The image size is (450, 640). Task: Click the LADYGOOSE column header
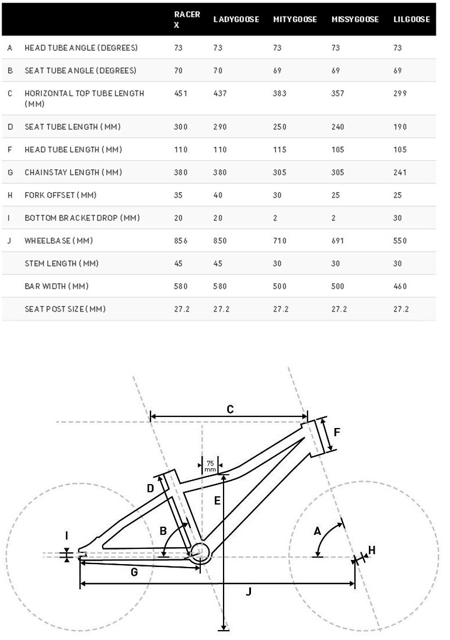pyautogui.click(x=236, y=19)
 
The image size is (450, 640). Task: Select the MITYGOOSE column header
pyautogui.click(x=295, y=19)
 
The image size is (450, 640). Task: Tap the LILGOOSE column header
pyautogui.click(x=411, y=19)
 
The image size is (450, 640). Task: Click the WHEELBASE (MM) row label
pyautogui.click(x=58, y=241)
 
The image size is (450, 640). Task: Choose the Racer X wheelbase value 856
pyautogui.click(x=181, y=241)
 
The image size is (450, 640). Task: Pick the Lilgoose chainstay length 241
pyautogui.click(x=400, y=172)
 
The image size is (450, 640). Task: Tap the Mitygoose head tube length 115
pyautogui.click(x=280, y=149)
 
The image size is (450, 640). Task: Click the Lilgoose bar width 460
pyautogui.click(x=400, y=286)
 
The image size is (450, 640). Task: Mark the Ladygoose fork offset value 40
pyautogui.click(x=218, y=195)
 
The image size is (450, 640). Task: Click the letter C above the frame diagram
pyautogui.click(x=230, y=409)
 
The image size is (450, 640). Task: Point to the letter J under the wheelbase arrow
pyautogui.click(x=249, y=592)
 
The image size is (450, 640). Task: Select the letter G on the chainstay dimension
pyautogui.click(x=134, y=572)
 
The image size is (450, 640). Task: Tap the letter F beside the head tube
pyautogui.click(x=337, y=433)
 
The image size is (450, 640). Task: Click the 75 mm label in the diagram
pyautogui.click(x=210, y=465)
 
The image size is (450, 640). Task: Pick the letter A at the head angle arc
pyautogui.click(x=318, y=531)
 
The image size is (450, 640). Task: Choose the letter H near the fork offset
pyautogui.click(x=372, y=549)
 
